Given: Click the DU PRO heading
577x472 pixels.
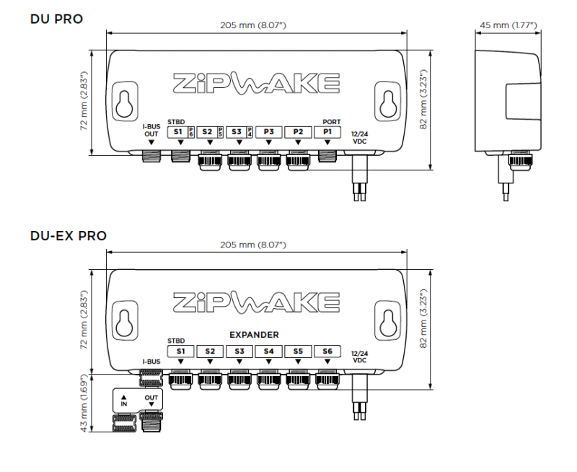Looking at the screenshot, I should [56, 17].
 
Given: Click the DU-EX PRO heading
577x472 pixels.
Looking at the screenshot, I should [69, 235].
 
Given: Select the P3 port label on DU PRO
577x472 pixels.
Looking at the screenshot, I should [268, 132].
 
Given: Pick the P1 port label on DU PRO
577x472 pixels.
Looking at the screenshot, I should [327, 132].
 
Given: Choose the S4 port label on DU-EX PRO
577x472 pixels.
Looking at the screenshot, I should [268, 351].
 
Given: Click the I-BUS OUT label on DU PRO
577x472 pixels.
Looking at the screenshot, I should [151, 131].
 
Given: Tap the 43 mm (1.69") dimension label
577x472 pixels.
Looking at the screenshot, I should [84, 403].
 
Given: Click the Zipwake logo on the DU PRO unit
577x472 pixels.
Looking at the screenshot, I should [257, 83].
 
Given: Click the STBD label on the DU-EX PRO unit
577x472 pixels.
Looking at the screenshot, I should [176, 341].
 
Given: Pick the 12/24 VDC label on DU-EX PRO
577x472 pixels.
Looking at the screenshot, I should [360, 356].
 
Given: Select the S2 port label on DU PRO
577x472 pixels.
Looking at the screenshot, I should [207, 132].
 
